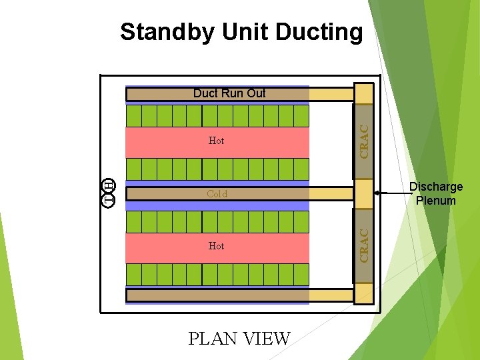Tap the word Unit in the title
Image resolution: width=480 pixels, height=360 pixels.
(x=255, y=31)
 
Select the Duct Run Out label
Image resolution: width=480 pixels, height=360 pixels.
(x=229, y=93)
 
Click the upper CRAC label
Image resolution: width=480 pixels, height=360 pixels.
(x=364, y=141)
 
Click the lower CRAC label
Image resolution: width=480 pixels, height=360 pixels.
(x=364, y=245)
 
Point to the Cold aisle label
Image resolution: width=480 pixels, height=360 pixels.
(x=217, y=194)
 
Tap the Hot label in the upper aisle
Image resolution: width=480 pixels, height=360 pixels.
(x=216, y=141)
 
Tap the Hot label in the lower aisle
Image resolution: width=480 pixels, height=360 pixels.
(x=216, y=246)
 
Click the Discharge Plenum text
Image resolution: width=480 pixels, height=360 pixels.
(x=435, y=194)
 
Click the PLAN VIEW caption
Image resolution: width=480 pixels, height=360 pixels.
(x=239, y=339)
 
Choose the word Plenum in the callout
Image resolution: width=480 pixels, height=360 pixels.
(x=435, y=201)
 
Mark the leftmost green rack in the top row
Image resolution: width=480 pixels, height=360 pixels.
(x=134, y=116)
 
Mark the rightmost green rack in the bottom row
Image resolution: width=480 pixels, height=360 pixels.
(x=301, y=275)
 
